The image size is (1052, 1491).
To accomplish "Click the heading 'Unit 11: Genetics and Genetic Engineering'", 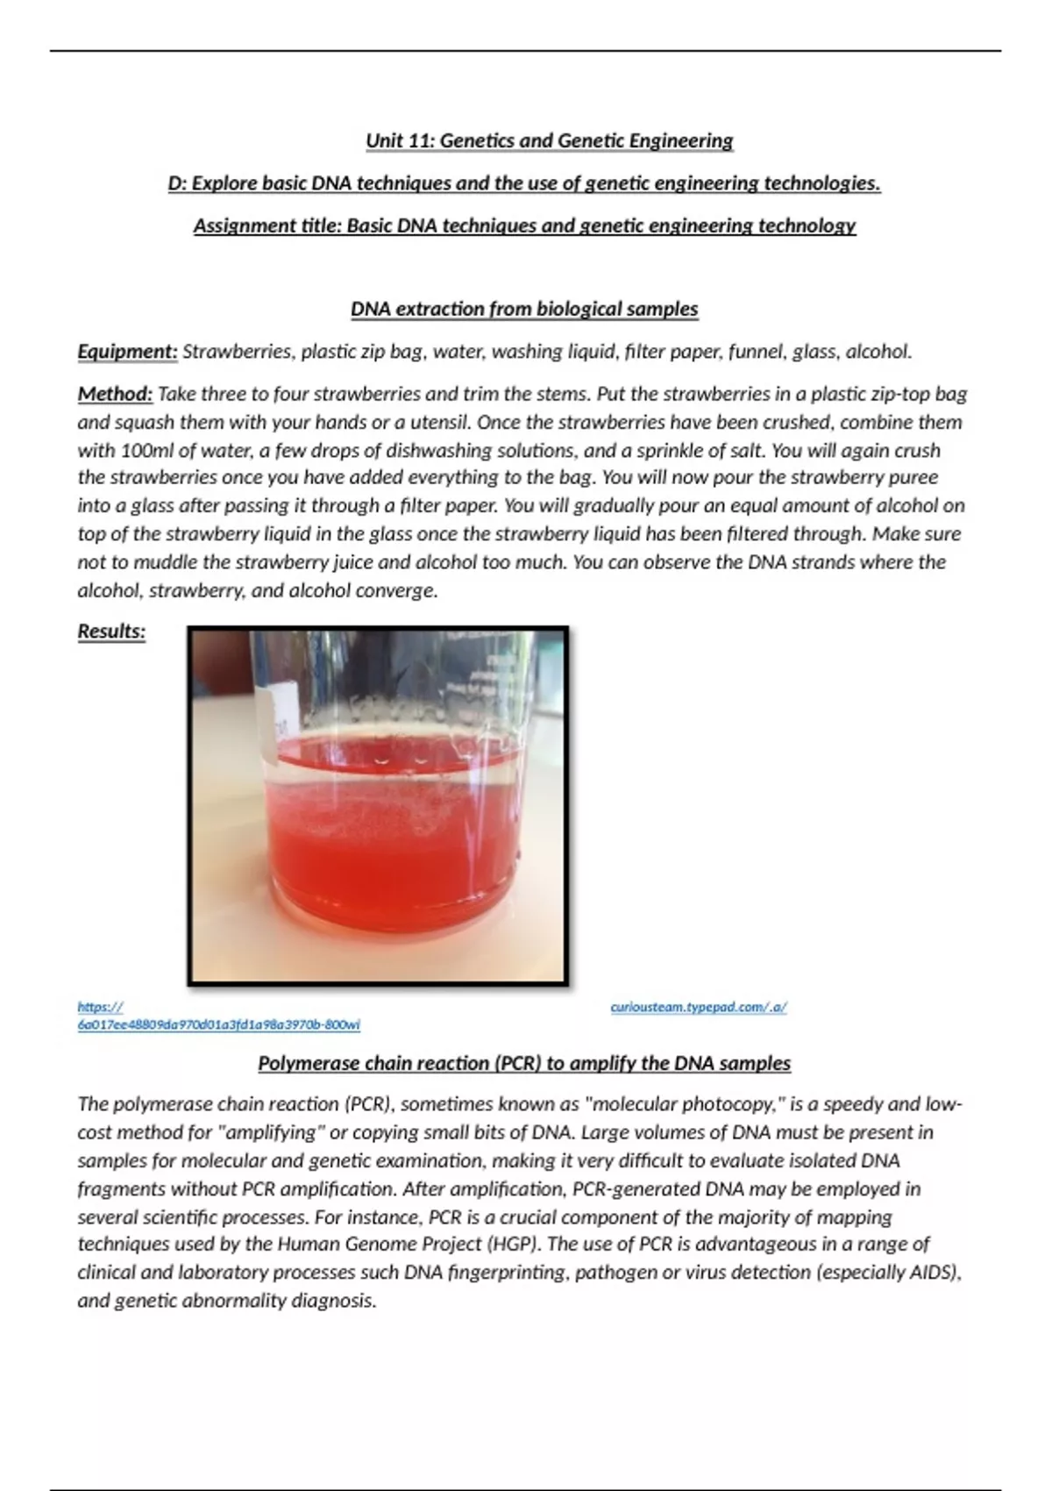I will pos(549,140).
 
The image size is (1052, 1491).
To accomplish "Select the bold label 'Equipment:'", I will pos(127,352).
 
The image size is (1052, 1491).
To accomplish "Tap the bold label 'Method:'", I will pos(115,394).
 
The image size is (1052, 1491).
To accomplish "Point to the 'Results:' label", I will pos(111,631).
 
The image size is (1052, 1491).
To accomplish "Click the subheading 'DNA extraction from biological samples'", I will pos(524,310).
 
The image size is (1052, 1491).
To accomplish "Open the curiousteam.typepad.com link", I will pos(698,1008).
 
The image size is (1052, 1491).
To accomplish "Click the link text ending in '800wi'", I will pos(218,1024).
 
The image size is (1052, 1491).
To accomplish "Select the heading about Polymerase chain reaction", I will pos(524,1064).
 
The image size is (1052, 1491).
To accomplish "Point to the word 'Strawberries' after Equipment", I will pos(237,352).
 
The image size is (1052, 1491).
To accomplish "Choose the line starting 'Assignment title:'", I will pos(524,226).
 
